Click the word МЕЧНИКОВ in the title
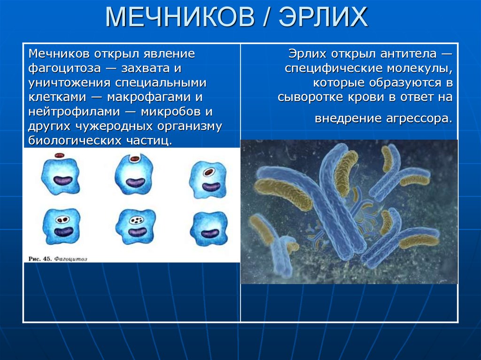point(177,18)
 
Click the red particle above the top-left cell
point(60,155)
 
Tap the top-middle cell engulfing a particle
point(134,174)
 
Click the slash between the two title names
point(264,18)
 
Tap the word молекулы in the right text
point(427,69)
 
